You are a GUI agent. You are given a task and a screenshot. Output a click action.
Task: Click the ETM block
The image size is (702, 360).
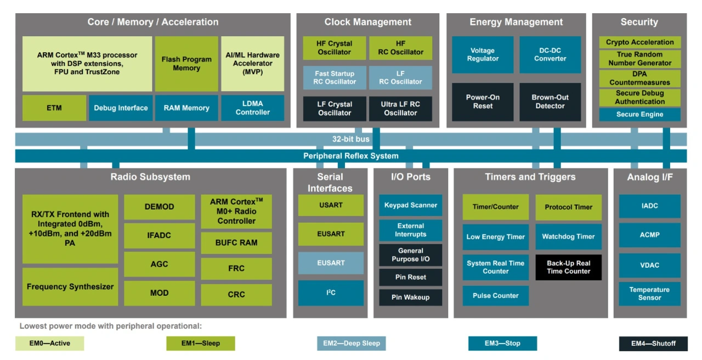(x=54, y=108)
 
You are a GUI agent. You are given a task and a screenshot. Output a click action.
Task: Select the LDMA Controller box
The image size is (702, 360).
(x=252, y=108)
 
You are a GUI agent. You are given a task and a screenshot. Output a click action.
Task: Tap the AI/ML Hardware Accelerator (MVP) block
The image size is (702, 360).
(x=252, y=64)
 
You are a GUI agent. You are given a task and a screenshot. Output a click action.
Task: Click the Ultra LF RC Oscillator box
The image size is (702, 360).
(x=400, y=109)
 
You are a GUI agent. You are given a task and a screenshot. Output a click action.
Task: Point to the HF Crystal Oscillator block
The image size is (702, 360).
(x=335, y=48)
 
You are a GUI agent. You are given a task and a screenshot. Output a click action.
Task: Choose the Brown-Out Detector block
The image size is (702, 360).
(x=550, y=102)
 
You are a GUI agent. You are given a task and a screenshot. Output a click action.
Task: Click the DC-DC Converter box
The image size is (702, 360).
(x=550, y=54)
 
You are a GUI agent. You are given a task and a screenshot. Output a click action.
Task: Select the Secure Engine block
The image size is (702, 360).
(x=639, y=115)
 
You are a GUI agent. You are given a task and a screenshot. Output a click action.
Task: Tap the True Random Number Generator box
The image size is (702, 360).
(x=639, y=59)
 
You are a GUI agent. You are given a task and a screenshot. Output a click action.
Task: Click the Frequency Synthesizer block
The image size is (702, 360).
(x=70, y=286)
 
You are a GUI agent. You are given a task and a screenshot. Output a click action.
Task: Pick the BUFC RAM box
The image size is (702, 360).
(x=236, y=243)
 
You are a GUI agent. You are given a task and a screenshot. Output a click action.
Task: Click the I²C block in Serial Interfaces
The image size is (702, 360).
(x=331, y=293)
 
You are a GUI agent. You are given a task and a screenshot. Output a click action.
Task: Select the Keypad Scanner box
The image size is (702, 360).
(x=411, y=205)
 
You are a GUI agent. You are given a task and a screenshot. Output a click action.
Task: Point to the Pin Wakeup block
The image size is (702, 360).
(x=411, y=297)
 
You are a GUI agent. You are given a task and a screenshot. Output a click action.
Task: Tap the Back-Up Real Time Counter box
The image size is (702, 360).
(x=568, y=267)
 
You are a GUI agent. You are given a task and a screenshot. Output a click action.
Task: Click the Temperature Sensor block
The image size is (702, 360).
(x=649, y=294)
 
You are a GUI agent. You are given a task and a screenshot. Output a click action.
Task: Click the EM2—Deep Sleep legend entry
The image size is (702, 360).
(x=351, y=344)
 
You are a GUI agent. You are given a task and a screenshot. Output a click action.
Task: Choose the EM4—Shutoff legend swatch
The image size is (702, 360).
(x=653, y=344)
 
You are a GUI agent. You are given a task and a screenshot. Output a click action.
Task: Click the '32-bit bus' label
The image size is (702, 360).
(x=351, y=139)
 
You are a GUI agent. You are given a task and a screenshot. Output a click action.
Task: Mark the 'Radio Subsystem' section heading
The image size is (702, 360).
(x=150, y=177)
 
